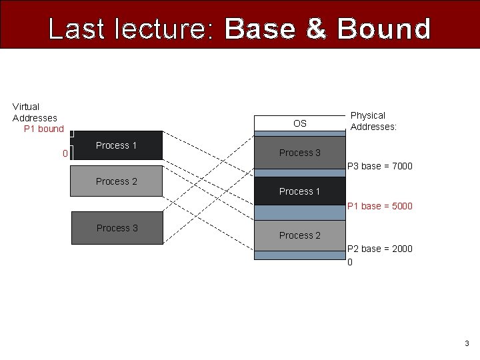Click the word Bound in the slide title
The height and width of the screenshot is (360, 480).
(384, 29)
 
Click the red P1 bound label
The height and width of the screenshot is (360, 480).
(44, 129)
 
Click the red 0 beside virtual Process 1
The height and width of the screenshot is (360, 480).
(65, 153)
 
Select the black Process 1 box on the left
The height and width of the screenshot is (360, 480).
(117, 145)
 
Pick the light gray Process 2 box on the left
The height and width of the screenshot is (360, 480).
(117, 181)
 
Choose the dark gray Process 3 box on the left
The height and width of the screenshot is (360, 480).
(117, 228)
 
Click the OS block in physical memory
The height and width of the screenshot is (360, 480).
(300, 123)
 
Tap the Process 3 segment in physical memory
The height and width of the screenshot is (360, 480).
(300, 153)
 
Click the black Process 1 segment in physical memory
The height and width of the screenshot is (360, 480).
(300, 191)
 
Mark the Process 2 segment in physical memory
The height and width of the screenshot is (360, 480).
(300, 235)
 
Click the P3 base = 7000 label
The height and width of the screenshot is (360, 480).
(380, 166)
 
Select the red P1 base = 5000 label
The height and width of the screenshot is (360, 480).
(380, 206)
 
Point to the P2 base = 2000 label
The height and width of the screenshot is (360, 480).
(380, 249)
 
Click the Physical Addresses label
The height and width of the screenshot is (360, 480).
(373, 121)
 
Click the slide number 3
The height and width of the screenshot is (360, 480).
(467, 343)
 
